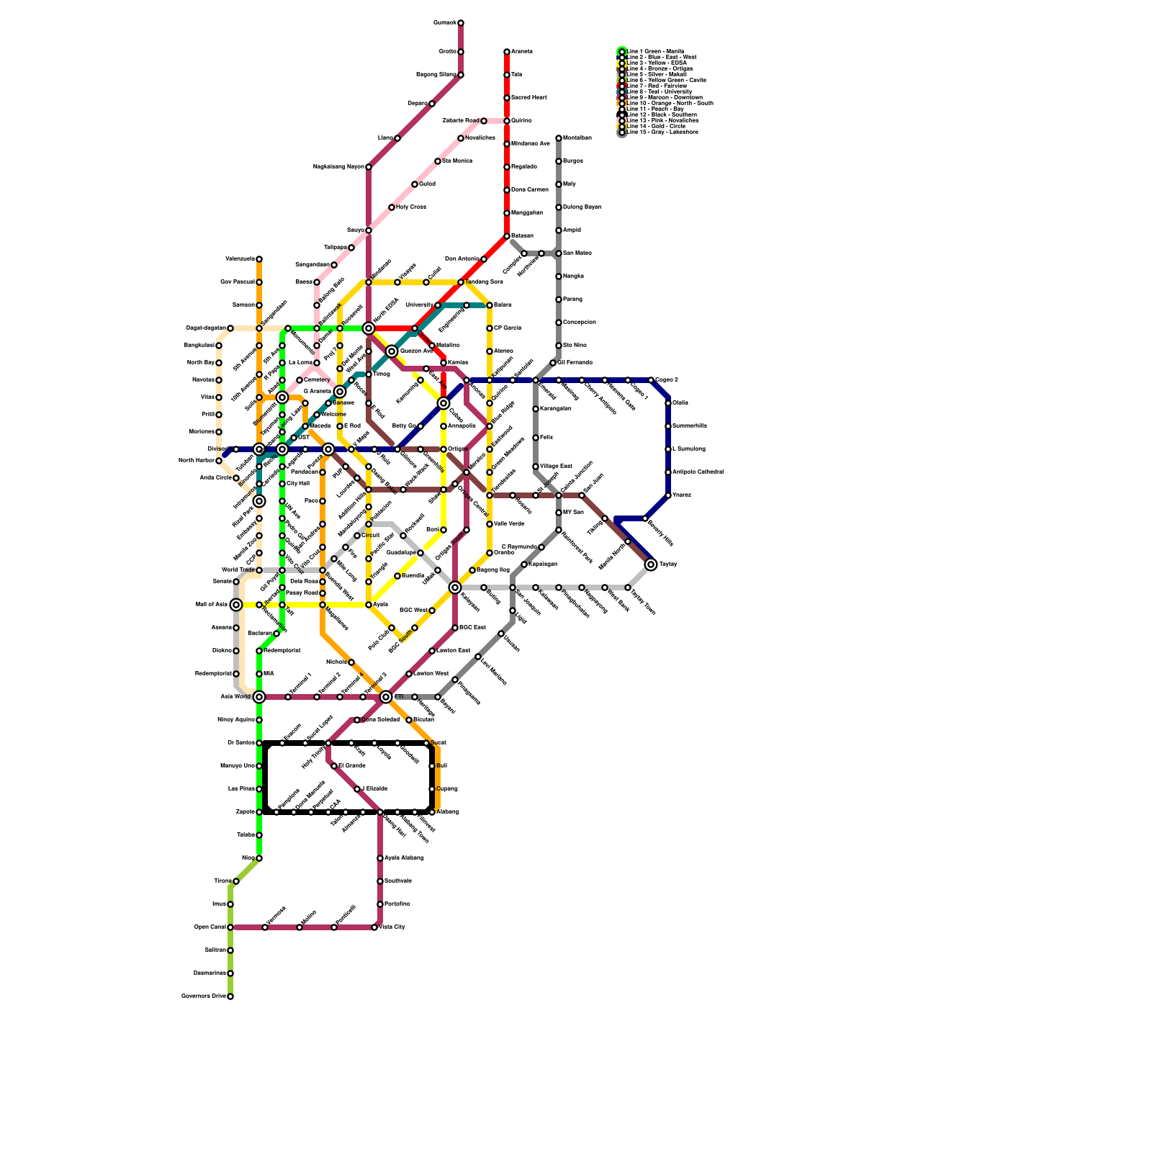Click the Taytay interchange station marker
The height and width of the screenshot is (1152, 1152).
click(x=651, y=564)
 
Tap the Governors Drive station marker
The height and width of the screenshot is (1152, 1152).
click(x=230, y=996)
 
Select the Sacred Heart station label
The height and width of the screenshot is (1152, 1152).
click(x=529, y=98)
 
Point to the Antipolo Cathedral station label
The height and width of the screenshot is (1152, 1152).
click(x=698, y=472)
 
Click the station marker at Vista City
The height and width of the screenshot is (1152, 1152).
click(x=374, y=927)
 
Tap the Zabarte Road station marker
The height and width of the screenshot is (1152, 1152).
click(x=484, y=121)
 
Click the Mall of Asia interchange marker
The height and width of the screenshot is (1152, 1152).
click(x=236, y=605)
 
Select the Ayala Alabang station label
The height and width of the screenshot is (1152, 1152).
click(x=404, y=858)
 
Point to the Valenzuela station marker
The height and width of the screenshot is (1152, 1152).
click(x=259, y=259)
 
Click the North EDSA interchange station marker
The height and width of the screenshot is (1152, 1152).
click(x=369, y=328)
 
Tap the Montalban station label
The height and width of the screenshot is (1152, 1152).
click(x=577, y=138)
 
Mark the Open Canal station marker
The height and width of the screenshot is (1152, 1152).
click(x=230, y=927)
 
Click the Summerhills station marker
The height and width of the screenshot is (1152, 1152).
click(x=668, y=426)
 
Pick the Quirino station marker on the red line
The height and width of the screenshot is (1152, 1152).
click(x=507, y=121)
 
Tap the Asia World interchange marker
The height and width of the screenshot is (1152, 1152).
click(x=259, y=697)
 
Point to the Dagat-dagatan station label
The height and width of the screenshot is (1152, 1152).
click(x=206, y=328)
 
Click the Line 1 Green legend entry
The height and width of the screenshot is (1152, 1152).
click(x=655, y=51)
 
